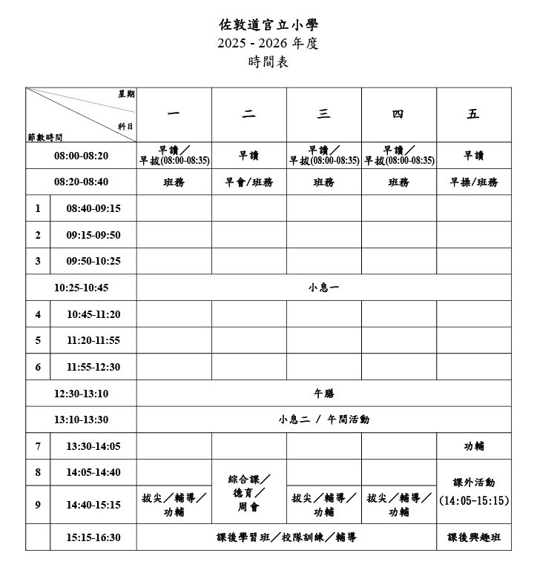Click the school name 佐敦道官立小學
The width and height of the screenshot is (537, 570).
(268, 24)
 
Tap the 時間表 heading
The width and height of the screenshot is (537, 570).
(268, 63)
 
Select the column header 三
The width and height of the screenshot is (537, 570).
(323, 114)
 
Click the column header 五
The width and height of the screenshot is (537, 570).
(473, 114)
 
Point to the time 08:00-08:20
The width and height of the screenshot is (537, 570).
(81, 156)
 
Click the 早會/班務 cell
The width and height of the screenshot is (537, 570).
(248, 182)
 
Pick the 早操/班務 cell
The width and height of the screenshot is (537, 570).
(473, 182)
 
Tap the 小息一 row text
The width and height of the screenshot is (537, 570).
(323, 288)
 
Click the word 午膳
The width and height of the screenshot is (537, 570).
(324, 394)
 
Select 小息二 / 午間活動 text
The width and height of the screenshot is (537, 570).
(323, 420)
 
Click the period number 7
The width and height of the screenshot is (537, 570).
(38, 446)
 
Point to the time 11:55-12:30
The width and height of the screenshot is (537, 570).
(93, 367)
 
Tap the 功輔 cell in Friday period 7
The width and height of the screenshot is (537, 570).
(473, 446)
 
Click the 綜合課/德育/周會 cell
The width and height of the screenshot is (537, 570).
(248, 493)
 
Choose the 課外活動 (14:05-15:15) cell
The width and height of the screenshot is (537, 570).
(473, 491)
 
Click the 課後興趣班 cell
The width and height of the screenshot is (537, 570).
(473, 537)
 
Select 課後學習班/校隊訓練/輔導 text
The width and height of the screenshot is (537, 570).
(286, 537)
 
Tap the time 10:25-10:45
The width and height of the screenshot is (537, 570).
(81, 288)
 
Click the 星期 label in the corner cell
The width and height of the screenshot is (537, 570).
(126, 94)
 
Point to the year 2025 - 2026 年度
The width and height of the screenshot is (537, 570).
(268, 44)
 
